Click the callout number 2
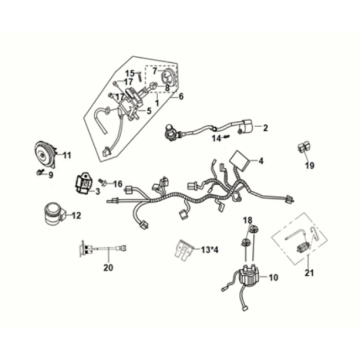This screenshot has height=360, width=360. click(x=266, y=128)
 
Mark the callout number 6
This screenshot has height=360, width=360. click(x=181, y=96)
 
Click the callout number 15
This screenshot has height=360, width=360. click(x=128, y=74)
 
